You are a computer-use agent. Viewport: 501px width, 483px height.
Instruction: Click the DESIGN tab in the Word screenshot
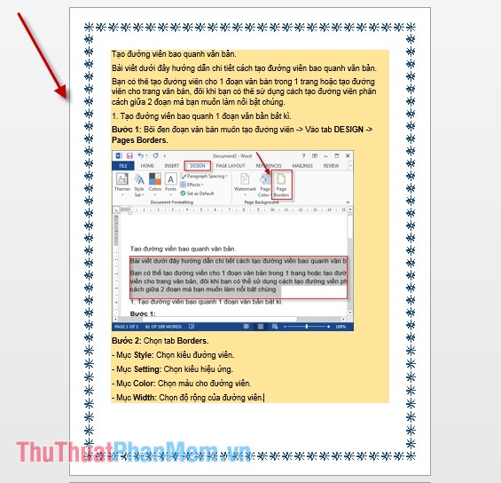(197, 165)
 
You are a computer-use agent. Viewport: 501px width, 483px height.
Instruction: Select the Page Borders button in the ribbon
(282, 185)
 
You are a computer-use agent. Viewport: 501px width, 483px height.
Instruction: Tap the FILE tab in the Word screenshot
(123, 165)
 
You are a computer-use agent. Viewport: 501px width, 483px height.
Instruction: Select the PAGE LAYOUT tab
(231, 165)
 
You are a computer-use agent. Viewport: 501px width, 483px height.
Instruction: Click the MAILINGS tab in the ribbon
(302, 165)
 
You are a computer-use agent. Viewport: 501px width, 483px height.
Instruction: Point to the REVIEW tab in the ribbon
(331, 165)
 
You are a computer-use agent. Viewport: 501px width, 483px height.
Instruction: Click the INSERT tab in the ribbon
(171, 165)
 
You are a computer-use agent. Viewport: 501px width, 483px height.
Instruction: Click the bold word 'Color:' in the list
(145, 384)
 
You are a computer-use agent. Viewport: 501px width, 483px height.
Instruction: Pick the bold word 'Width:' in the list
(145, 398)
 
